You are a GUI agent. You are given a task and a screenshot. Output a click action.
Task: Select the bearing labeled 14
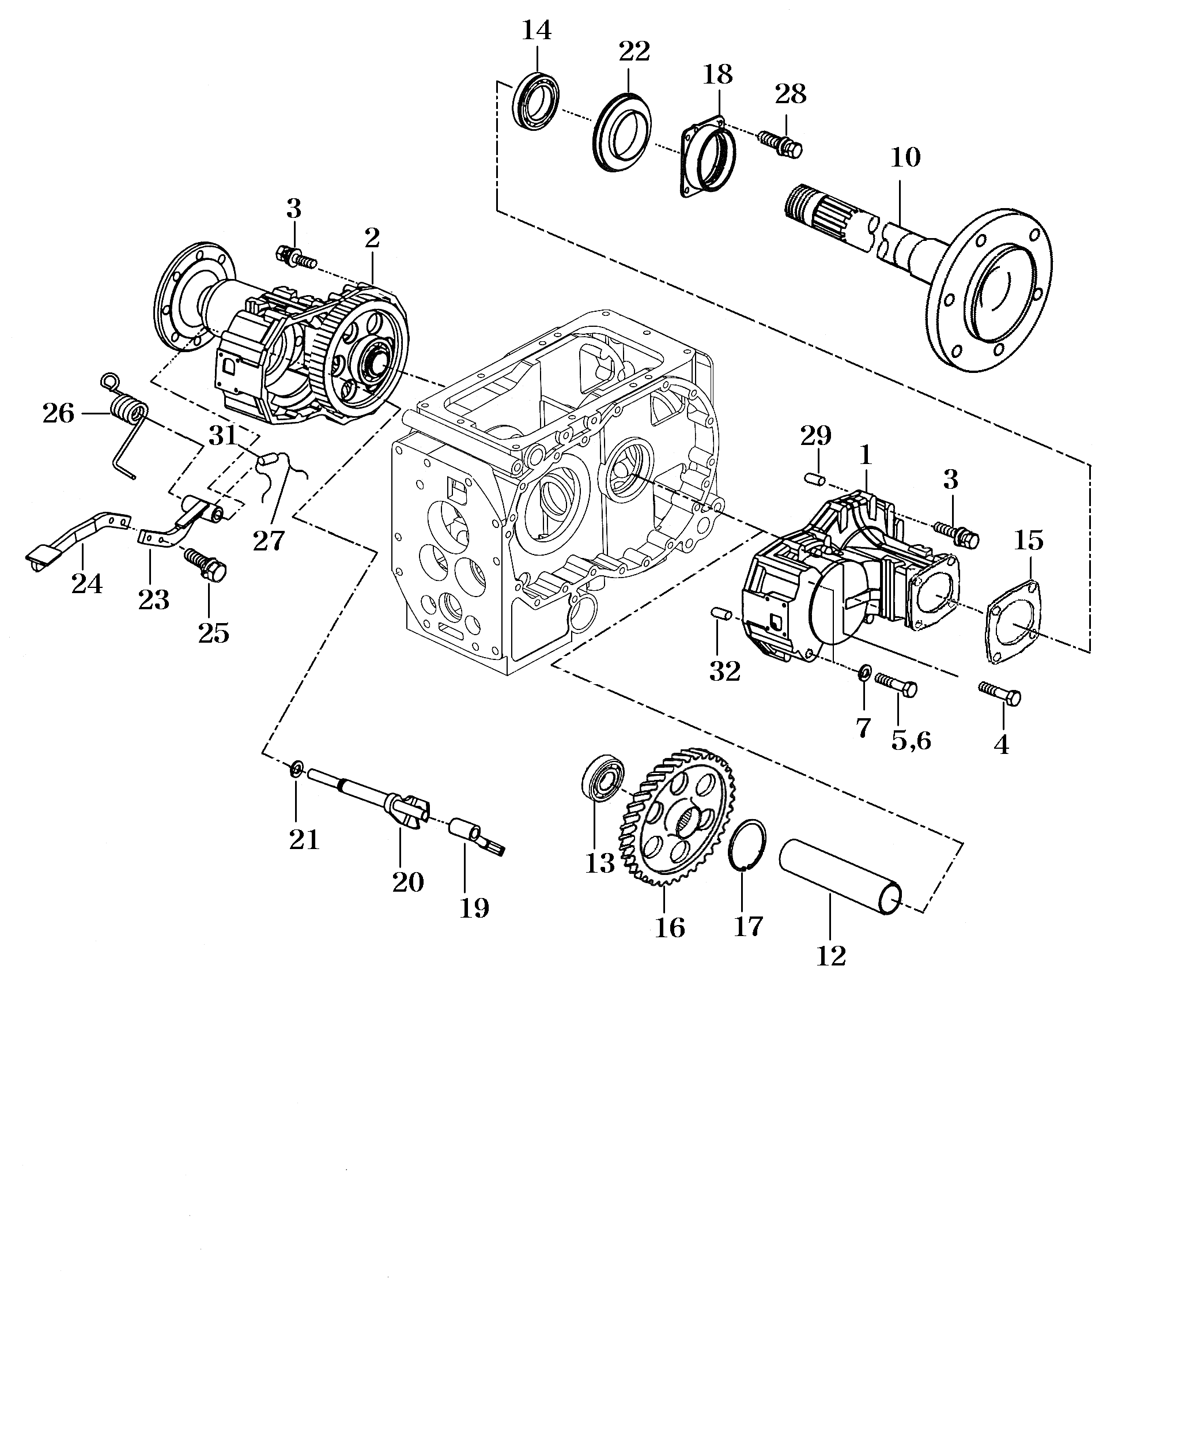click(x=537, y=99)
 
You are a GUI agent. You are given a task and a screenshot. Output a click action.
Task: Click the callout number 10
click(x=905, y=158)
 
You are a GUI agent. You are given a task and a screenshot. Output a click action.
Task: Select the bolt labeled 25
click(x=205, y=563)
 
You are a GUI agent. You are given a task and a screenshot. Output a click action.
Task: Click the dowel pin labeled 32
click(x=722, y=613)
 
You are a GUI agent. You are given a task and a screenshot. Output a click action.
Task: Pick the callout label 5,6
click(x=911, y=740)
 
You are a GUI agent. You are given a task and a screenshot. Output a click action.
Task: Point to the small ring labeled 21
click(x=296, y=769)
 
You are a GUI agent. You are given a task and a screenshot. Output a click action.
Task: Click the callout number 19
click(x=474, y=908)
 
